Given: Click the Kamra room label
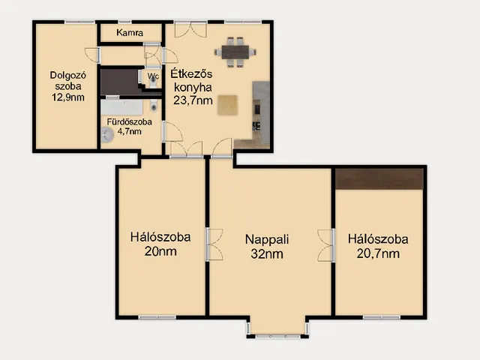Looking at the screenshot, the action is click(130, 32).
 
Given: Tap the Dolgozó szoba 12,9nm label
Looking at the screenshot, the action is click(68, 86).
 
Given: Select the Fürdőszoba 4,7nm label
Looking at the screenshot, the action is click(130, 127).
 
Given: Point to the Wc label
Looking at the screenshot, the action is click(153, 76).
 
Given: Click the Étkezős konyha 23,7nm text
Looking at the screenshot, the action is click(192, 87).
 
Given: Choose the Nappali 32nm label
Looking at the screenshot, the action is click(267, 247).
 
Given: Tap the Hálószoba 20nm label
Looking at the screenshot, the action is click(160, 244).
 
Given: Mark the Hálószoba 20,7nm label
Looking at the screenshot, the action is click(378, 246).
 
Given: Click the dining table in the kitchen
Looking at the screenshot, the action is click(235, 52).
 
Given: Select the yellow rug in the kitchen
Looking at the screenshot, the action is click(227, 105).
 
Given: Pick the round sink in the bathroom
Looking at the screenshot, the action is click(107, 135).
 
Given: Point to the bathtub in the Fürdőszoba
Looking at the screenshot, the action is click(121, 107).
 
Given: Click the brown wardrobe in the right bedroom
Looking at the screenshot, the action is click(379, 178).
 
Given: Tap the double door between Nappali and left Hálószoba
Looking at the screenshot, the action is click(214, 244).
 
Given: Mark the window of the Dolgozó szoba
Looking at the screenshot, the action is click(79, 22).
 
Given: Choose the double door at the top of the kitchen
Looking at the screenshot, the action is click(190, 30).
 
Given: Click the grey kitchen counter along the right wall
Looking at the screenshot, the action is click(261, 112).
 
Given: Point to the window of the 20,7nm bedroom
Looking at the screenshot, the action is click(382, 317).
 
